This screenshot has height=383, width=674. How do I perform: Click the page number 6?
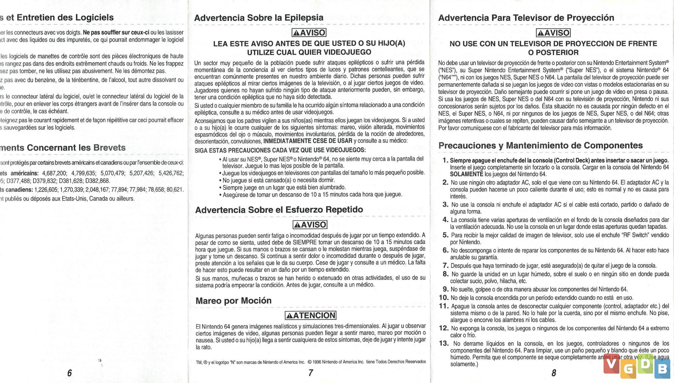tap(69, 373)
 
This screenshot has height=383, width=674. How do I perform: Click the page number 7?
tap(310, 373)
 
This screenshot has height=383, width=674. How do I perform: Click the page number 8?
tap(554, 373)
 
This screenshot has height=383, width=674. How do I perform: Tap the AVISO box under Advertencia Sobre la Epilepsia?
tap(309, 33)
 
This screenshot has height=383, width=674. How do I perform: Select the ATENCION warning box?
tap(310, 316)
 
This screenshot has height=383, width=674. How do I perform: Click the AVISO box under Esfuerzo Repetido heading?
tap(310, 225)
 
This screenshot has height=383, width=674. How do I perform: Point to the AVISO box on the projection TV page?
tap(553, 33)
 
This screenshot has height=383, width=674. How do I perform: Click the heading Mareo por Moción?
tap(234, 301)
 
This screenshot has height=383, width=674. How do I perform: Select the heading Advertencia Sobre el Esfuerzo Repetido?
tap(279, 210)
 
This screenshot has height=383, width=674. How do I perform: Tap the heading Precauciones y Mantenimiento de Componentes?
tap(541, 146)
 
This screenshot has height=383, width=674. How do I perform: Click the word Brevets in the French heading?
tap(110, 148)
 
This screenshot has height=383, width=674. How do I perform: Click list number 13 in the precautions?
tap(443, 344)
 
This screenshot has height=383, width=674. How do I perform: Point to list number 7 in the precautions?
tap(446, 266)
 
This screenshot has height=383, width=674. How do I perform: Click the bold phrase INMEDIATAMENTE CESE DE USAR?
tap(308, 141)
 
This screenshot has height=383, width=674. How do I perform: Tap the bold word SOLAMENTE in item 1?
tap(466, 174)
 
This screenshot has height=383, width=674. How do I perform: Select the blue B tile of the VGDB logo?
tap(662, 369)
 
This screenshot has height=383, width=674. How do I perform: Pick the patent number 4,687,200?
tap(54, 173)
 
